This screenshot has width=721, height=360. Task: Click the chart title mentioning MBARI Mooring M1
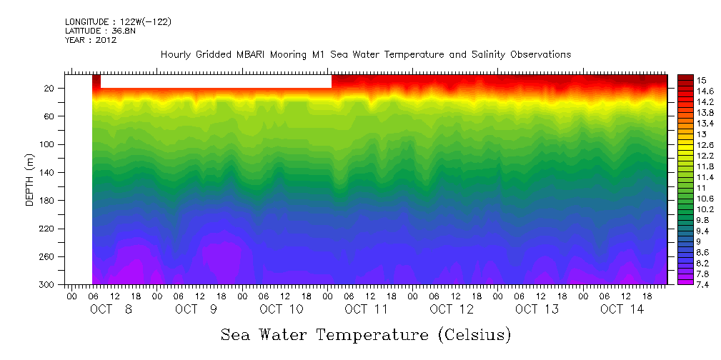366,55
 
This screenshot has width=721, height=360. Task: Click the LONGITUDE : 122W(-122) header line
118,22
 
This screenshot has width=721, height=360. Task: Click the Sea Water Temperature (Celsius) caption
366,334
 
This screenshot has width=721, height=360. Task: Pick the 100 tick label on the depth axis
47,144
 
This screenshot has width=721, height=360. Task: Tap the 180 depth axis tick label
47,201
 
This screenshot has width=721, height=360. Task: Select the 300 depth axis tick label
47,285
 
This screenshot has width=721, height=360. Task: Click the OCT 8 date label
111,309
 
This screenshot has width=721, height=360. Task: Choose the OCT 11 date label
366,309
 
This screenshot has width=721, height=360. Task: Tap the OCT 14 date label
622,309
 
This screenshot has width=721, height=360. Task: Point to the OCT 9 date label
196,309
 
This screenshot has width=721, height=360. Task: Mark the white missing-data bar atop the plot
216,81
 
